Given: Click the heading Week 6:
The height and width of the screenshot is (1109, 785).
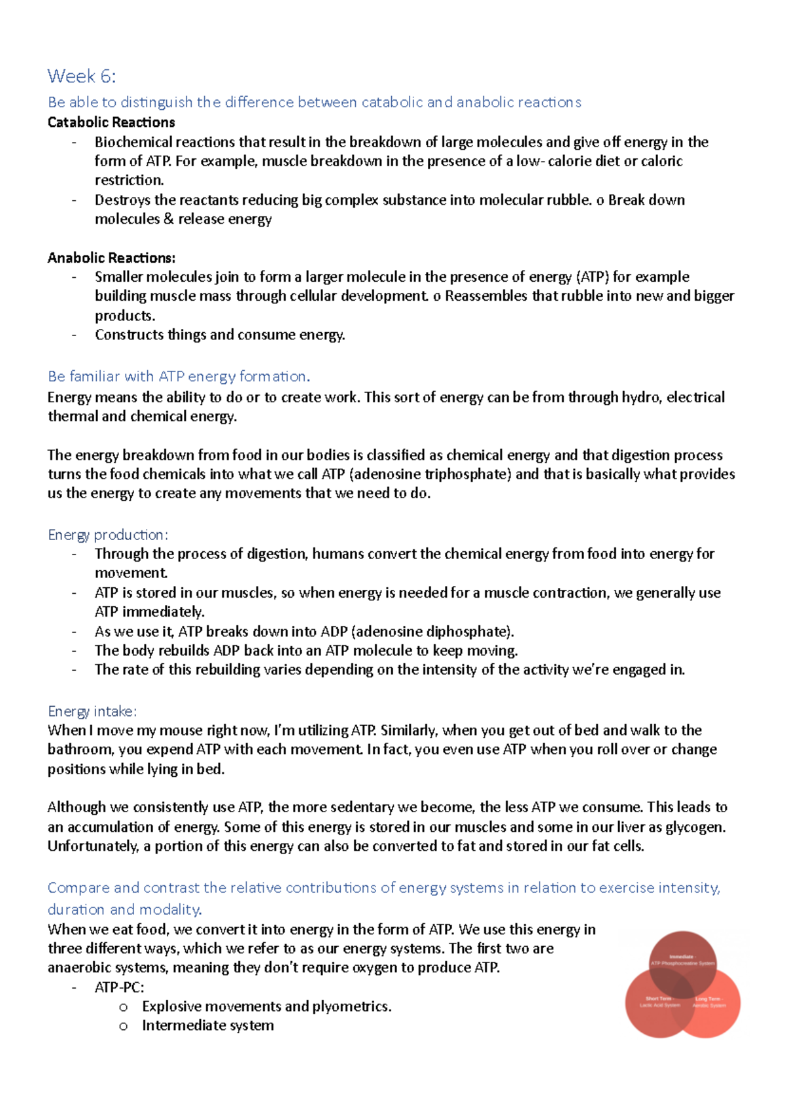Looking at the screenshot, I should [x=81, y=77].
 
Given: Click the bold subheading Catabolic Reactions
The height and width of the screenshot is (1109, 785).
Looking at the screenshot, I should [x=111, y=122].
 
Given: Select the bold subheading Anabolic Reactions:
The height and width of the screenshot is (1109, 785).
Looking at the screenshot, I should [x=111, y=258].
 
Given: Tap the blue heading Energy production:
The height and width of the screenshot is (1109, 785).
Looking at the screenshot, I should [x=108, y=535].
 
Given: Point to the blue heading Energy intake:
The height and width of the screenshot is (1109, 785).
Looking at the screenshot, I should [x=92, y=711].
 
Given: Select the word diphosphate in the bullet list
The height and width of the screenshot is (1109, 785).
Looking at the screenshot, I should [x=466, y=632].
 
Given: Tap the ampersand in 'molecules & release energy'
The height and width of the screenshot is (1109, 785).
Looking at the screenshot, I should [x=169, y=219].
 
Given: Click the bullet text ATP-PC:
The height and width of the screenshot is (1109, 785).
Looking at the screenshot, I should [x=119, y=987].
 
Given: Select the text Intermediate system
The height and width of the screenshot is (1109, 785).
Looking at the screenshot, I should [x=207, y=1025].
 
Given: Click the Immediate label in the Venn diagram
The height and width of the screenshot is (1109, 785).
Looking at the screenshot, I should [x=682, y=956].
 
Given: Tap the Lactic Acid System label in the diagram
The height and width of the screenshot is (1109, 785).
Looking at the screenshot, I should [x=659, y=1005].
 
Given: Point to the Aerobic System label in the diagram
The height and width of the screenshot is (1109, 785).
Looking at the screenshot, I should [x=709, y=1005].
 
